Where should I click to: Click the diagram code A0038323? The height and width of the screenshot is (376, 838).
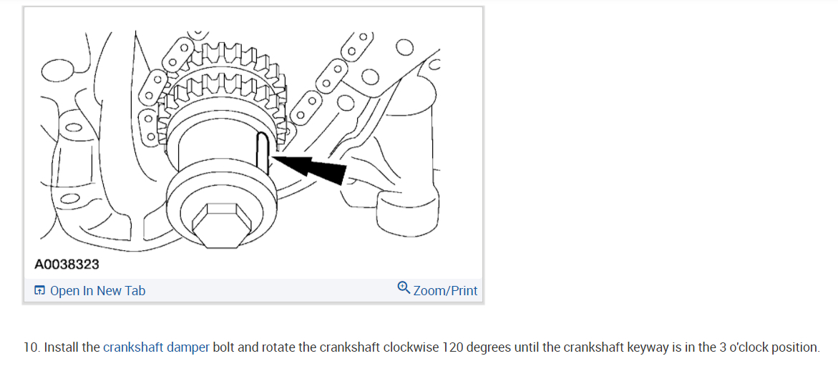[x=67, y=264]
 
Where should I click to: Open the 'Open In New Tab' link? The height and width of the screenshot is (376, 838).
[x=97, y=291]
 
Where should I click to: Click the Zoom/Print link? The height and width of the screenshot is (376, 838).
[x=445, y=291]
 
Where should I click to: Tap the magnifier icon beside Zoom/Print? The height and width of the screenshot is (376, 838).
[x=404, y=288]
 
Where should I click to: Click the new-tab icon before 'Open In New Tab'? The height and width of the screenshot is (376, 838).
[x=40, y=290]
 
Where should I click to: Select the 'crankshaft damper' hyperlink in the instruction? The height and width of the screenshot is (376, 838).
[x=156, y=348]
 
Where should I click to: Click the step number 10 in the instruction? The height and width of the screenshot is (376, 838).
[x=30, y=348]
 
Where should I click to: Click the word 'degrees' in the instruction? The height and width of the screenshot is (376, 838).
[x=489, y=348]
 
